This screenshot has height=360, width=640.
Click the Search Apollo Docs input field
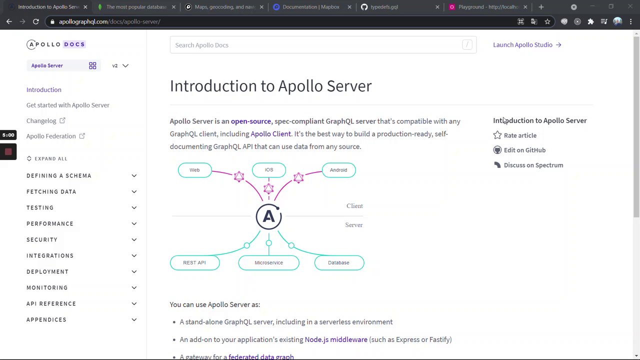pyautogui.click(x=320, y=45)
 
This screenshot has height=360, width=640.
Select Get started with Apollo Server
pyautogui.click(x=68, y=105)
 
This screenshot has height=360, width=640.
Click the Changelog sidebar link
pyautogui.click(x=41, y=120)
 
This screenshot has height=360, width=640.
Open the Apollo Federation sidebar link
pyautogui.click(x=51, y=136)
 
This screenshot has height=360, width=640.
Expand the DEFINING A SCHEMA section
pyautogui.click(x=59, y=175)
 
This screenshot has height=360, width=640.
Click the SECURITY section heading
pyautogui.click(x=42, y=239)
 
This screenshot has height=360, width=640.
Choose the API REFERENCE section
pyautogui.click(x=51, y=303)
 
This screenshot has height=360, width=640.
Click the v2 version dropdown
pyautogui.click(x=120, y=65)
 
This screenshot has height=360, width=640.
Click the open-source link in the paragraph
pyautogui.click(x=250, y=121)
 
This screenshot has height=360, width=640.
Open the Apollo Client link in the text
pyautogui.click(x=270, y=134)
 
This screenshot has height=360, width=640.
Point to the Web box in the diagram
pyautogui.click(x=194, y=170)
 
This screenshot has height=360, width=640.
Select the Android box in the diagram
pyautogui.click(x=338, y=170)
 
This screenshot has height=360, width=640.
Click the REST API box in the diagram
pyautogui.click(x=194, y=262)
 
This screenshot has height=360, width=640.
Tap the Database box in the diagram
pyautogui.click(x=338, y=262)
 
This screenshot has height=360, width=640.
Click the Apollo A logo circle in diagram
pyautogui.click(x=268, y=216)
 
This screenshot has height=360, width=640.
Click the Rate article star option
pyautogui.click(x=520, y=135)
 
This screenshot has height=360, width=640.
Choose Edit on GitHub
pyautogui.click(x=524, y=150)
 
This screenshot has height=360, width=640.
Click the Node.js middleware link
pyautogui.click(x=336, y=339)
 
